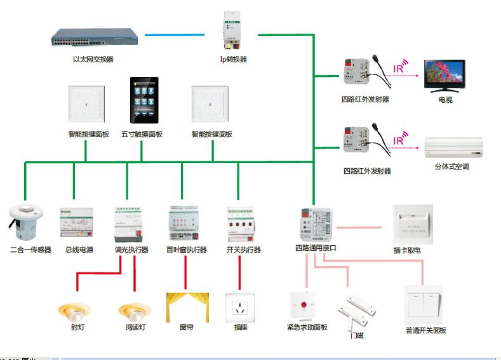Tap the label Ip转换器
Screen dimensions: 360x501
click(233, 59)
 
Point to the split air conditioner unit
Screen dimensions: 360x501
click(454, 147)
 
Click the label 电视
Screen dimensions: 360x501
click(445, 100)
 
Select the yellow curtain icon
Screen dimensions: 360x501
click(187, 307)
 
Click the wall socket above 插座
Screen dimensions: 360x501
click(240, 308)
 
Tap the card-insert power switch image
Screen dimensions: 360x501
click(413, 223)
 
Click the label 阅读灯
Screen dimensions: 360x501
click(135, 328)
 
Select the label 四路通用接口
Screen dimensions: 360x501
click(316, 248)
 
